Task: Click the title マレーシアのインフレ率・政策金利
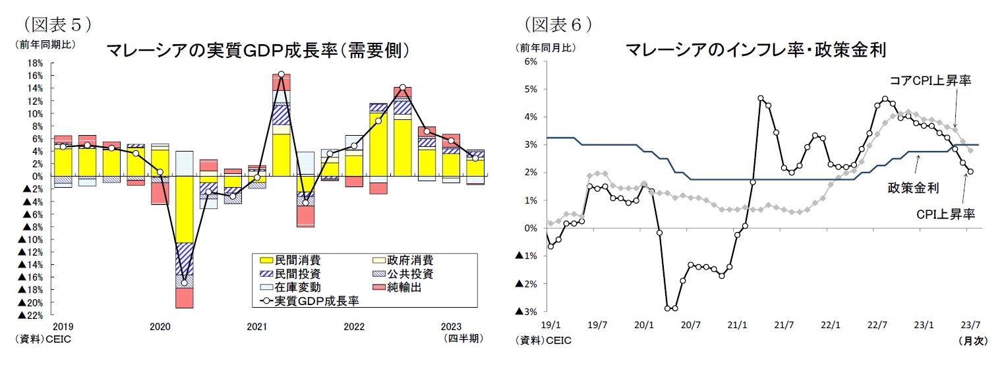[754, 50]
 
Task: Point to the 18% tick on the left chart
[35, 63]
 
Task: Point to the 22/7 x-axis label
[878, 325]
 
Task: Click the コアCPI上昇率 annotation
[930, 80]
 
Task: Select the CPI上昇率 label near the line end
[945, 213]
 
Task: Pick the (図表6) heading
[558, 24]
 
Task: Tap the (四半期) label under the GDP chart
[464, 339]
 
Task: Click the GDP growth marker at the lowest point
[185, 283]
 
